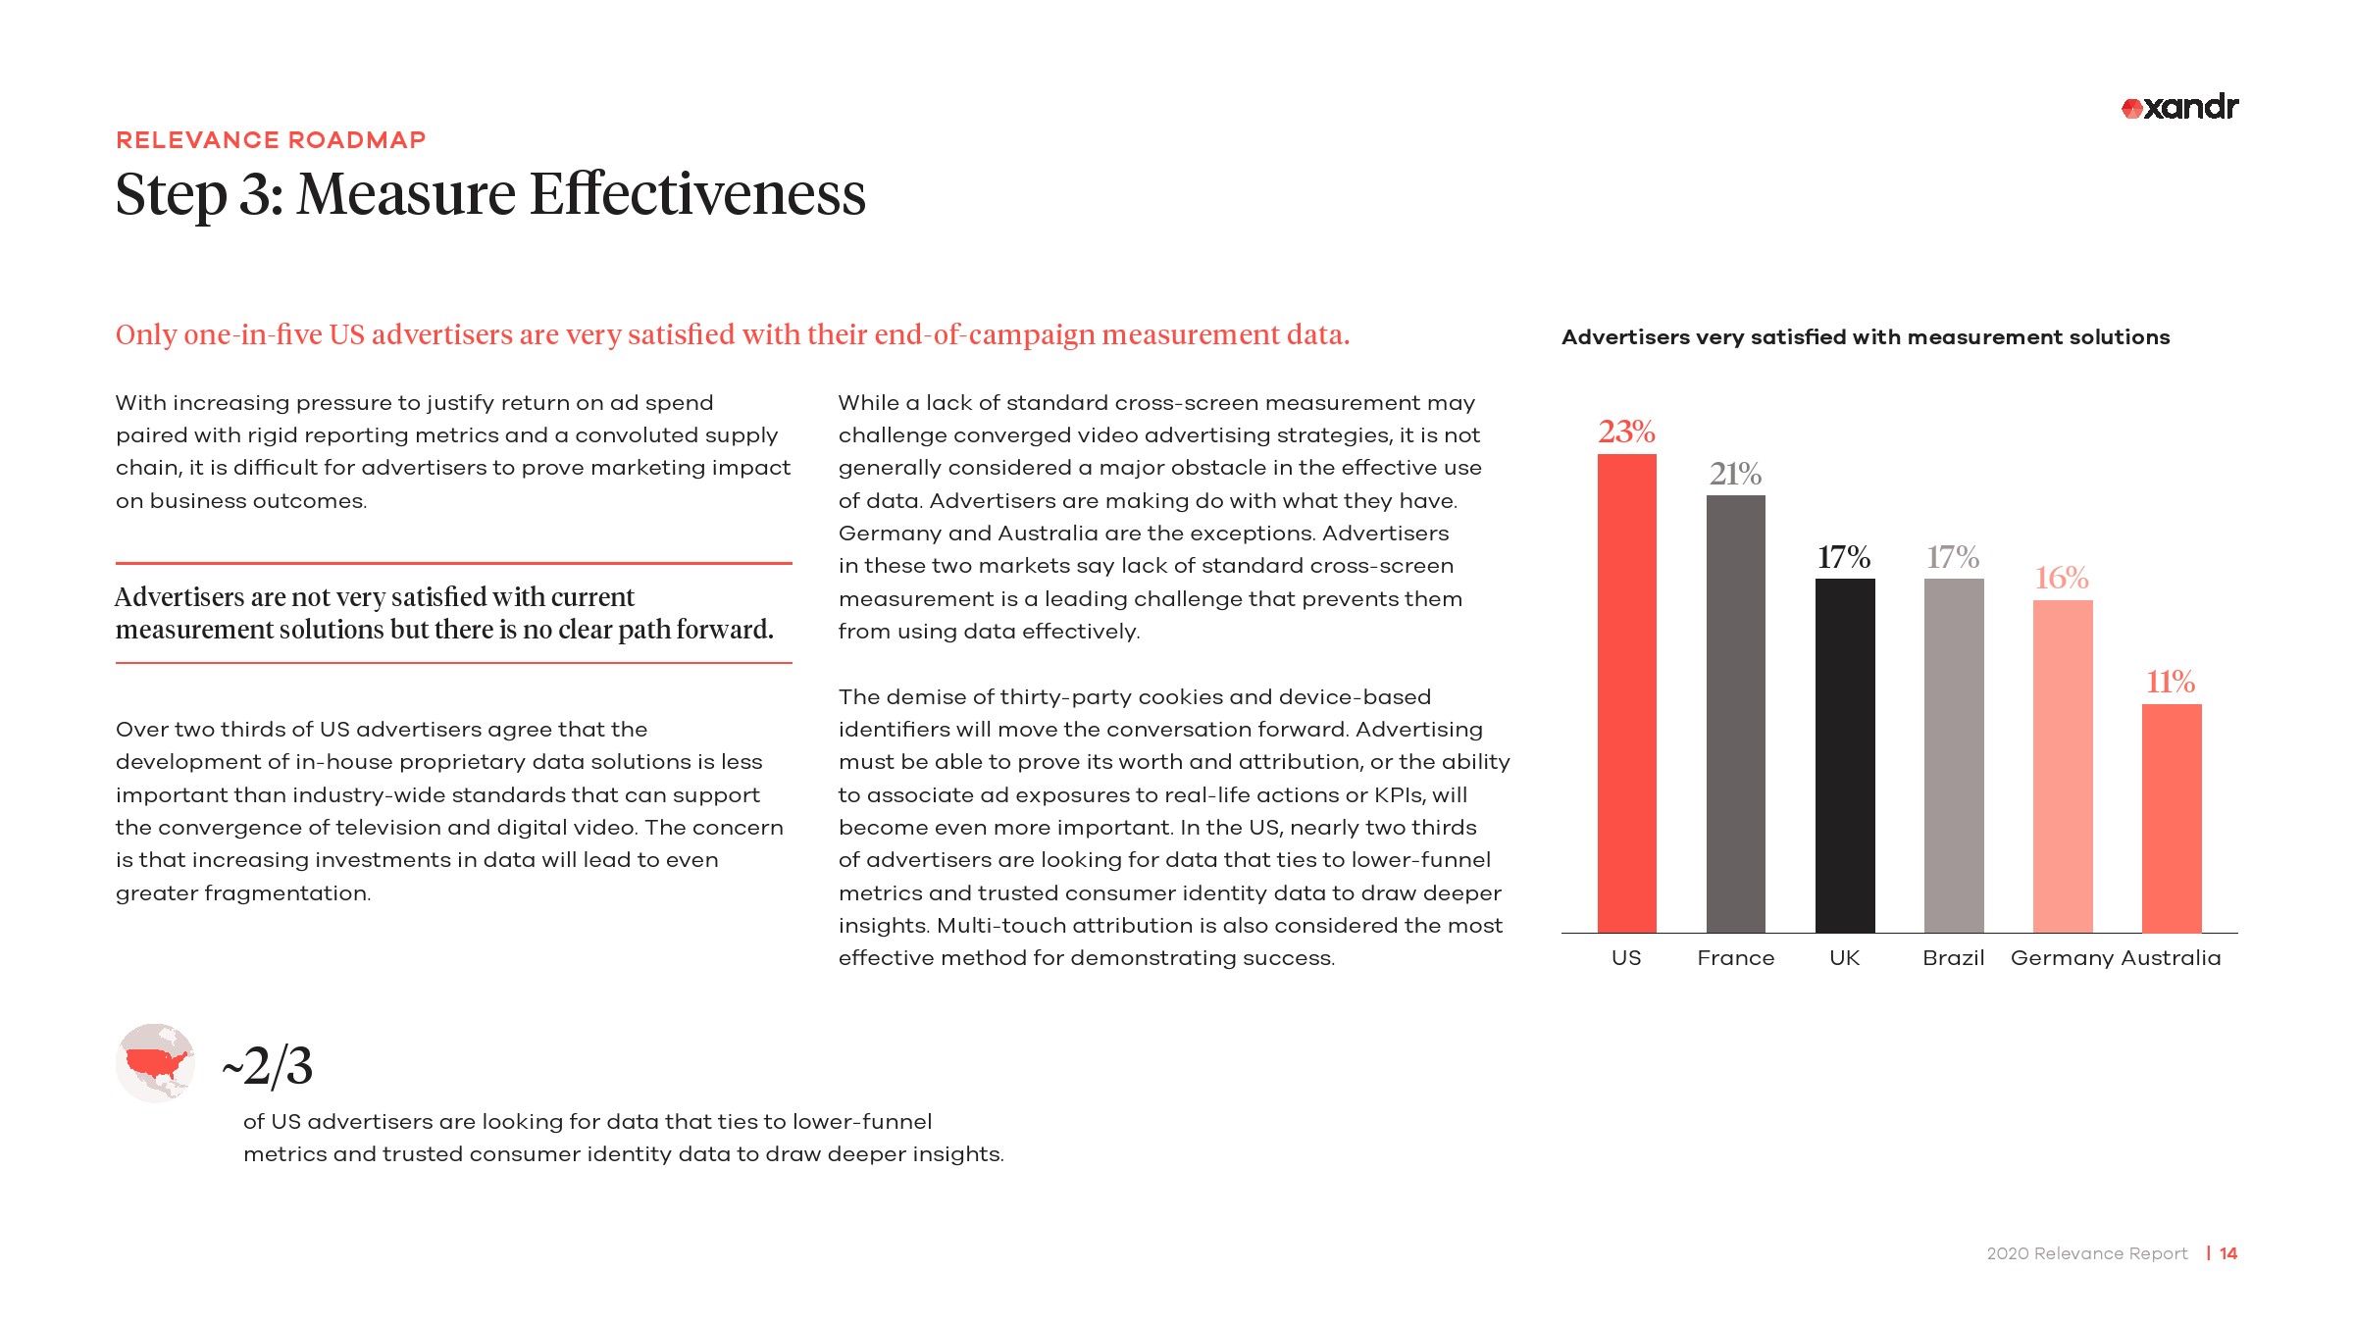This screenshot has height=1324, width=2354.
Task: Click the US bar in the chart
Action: [x=1626, y=692]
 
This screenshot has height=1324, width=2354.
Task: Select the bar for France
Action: [x=1735, y=713]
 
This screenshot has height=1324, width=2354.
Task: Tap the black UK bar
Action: [x=1844, y=755]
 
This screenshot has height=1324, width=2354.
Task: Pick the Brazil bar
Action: [x=1953, y=755]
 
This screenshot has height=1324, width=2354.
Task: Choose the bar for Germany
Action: [x=2063, y=766]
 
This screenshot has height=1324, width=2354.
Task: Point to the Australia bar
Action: [x=2172, y=818]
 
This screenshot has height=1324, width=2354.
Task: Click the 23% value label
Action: [x=1626, y=432]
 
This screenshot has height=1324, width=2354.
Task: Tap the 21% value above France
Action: [x=1735, y=474]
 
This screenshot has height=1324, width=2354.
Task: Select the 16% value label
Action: [x=2062, y=578]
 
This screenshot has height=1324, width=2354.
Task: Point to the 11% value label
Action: [x=2171, y=682]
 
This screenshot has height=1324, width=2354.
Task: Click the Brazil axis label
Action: [x=1953, y=958]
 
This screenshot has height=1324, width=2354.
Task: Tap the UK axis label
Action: [x=1844, y=958]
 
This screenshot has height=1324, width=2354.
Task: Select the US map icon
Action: [x=155, y=1063]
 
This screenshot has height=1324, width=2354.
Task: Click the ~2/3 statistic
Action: [x=268, y=1066]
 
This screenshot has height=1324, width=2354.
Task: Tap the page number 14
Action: [x=2228, y=1253]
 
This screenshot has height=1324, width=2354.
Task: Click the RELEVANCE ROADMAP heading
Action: [x=271, y=140]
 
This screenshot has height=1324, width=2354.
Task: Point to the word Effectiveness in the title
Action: [x=697, y=194]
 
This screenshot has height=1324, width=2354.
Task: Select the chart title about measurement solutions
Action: [x=1865, y=337]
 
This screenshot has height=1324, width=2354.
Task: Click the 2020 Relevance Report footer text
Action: [x=2086, y=1253]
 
